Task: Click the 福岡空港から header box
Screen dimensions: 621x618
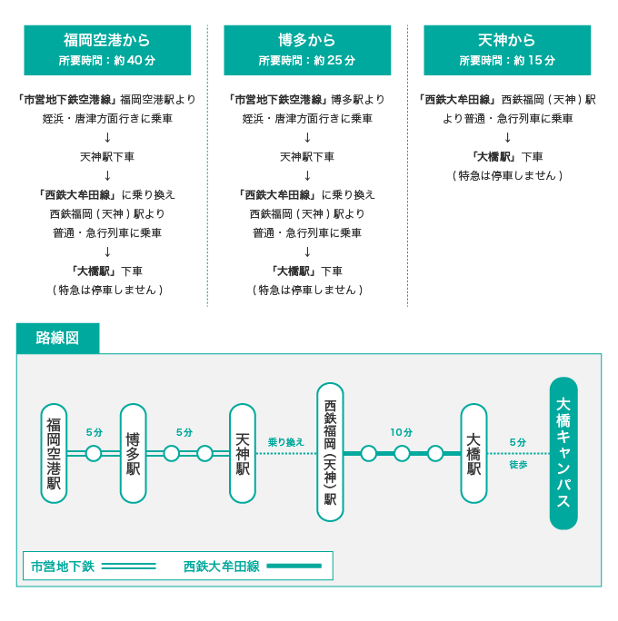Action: (x=107, y=50)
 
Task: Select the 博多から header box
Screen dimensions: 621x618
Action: (x=307, y=50)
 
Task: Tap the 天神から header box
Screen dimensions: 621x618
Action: (x=507, y=50)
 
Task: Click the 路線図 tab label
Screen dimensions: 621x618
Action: (x=57, y=339)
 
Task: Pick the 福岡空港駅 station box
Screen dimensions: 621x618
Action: (x=55, y=453)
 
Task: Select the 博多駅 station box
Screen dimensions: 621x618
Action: (x=134, y=453)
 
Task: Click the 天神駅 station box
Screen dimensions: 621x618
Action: (x=243, y=453)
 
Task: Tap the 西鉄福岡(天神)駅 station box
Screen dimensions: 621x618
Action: (x=330, y=452)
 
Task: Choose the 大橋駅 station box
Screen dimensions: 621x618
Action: (x=473, y=453)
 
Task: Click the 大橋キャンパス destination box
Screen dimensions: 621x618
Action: (x=563, y=452)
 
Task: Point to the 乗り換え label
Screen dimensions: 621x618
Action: (x=285, y=442)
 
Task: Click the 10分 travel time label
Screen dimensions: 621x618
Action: (x=401, y=433)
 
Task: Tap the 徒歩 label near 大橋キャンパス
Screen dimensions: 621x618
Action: (x=518, y=464)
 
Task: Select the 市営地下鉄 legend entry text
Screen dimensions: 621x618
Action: (x=63, y=566)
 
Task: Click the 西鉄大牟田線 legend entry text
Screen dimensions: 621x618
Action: (x=221, y=566)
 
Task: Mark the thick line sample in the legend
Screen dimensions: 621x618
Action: (x=294, y=566)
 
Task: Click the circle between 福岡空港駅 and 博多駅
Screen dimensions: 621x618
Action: (x=94, y=453)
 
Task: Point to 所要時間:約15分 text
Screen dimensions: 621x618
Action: (x=507, y=61)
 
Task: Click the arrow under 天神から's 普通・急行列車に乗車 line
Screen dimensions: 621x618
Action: (x=507, y=138)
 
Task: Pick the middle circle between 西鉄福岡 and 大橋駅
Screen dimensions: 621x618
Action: (x=402, y=453)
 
